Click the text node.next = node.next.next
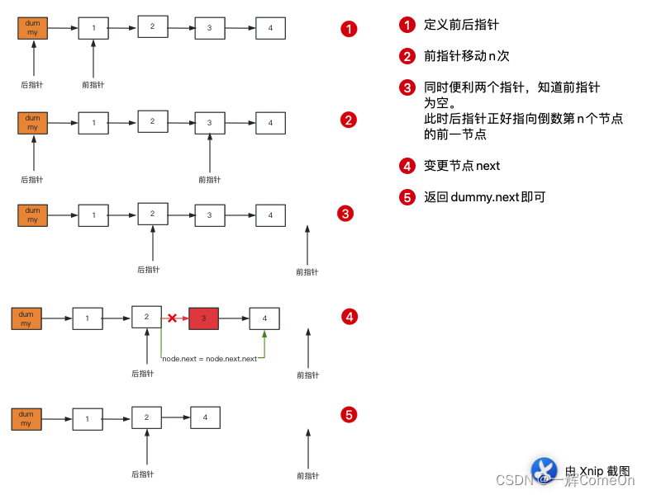210,359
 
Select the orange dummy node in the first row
32,29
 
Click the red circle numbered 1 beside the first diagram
350,29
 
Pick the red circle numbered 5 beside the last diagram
350,414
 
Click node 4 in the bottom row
205,417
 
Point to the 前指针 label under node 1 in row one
93,85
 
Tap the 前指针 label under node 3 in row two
210,179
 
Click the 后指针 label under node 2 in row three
149,269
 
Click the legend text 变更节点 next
462,166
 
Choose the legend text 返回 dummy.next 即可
484,197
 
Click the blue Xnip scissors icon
544,470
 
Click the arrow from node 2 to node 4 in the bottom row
175,417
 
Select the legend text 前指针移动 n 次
466,56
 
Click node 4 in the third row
270,215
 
